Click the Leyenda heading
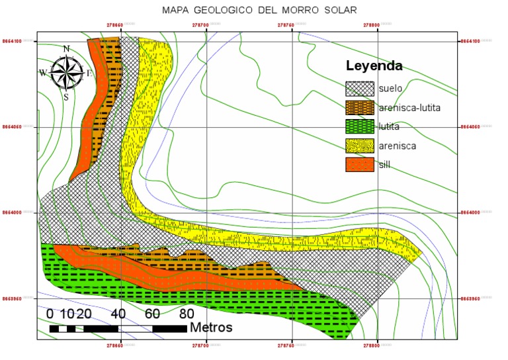click(374, 66)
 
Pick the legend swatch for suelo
click(360, 88)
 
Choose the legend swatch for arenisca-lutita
click(360, 107)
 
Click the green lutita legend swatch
click(360, 126)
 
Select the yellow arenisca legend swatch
click(360, 146)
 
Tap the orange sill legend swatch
click(360, 165)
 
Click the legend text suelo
click(391, 88)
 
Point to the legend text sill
click(384, 165)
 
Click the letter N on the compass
click(66, 49)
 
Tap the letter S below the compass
click(66, 97)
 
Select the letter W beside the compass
click(43, 73)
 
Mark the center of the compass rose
click(66, 73)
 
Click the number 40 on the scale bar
click(118, 313)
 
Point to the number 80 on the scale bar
click(187, 313)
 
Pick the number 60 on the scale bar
click(152, 313)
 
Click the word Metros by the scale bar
click(211, 327)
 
